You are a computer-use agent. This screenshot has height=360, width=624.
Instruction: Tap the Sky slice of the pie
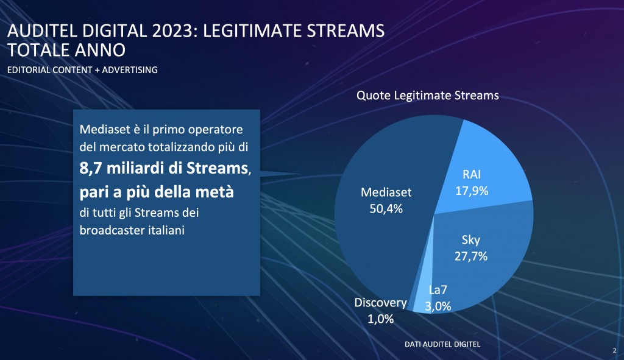coord(481,268)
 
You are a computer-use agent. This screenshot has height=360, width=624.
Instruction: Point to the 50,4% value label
coord(386,208)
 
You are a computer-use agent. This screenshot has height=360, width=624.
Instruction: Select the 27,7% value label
coord(470,256)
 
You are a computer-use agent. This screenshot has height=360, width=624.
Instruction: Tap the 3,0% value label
coord(438,306)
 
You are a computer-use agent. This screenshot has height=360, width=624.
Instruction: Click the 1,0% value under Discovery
coord(380,318)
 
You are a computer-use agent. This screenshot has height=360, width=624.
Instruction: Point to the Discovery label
coord(380,303)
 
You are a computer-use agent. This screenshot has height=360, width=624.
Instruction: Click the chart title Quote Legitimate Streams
coord(428,96)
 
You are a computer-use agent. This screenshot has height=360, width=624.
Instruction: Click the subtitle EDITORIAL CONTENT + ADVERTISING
coord(82,70)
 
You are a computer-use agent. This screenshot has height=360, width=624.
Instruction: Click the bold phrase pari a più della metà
coord(157,192)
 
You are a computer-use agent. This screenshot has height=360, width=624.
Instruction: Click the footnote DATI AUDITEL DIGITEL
coord(442,344)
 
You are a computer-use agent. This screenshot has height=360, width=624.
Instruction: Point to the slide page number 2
coord(614,350)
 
